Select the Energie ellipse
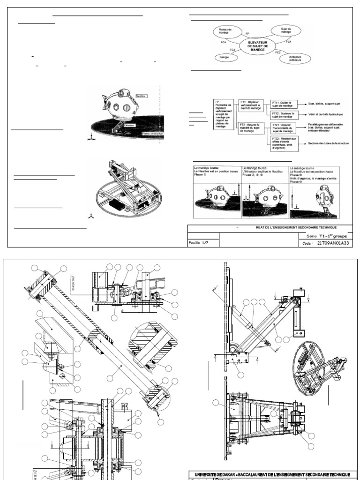click(222, 57)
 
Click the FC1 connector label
click(289, 42)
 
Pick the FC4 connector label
click(224, 42)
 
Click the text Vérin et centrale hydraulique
click(326, 114)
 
